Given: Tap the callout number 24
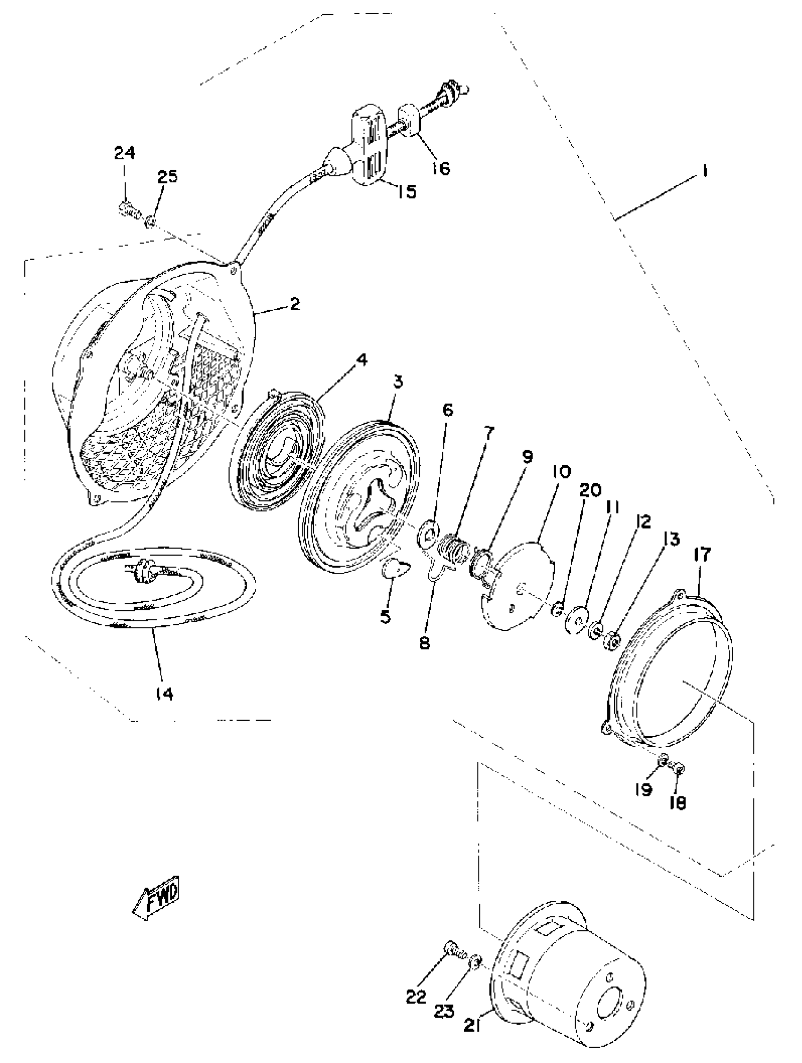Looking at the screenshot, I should tap(125, 153).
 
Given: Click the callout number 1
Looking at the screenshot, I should tap(704, 171).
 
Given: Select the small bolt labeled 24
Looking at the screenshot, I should tap(127, 209).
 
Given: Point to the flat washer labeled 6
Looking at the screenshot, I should tap(428, 533).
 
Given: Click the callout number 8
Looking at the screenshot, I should tap(424, 643).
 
